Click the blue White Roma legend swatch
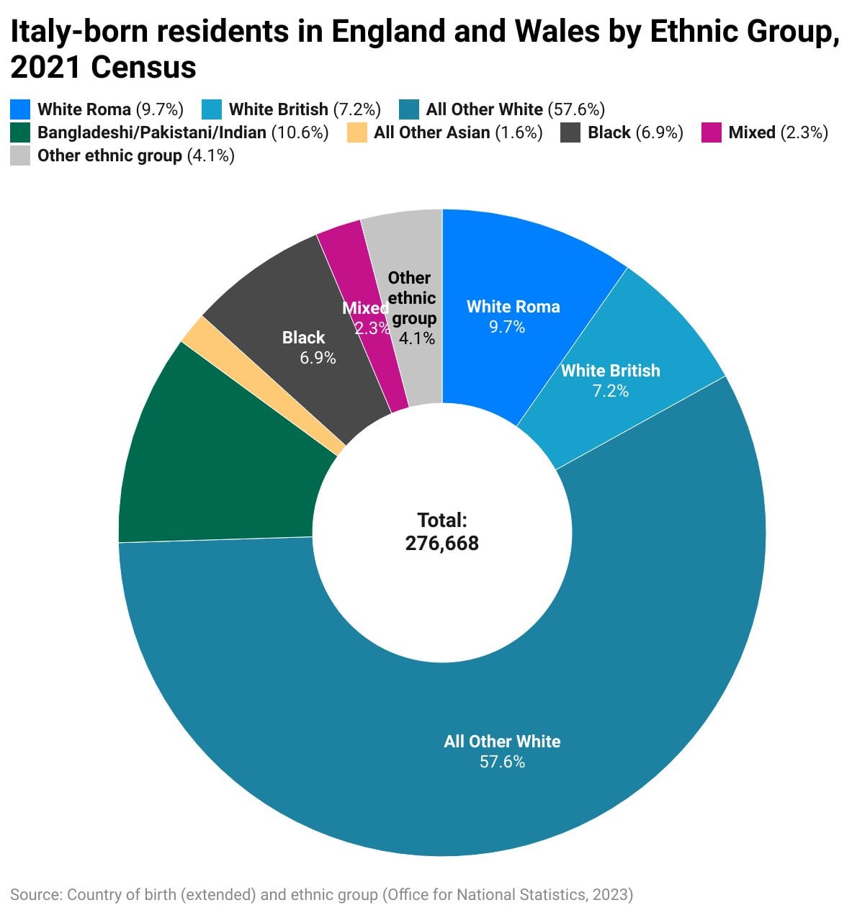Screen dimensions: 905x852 [x=20, y=109]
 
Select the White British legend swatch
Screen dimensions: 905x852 [x=212, y=109]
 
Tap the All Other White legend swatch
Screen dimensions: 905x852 [x=409, y=109]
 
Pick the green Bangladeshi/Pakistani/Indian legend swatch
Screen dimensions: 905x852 [x=20, y=132]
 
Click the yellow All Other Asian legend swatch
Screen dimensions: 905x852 [x=357, y=132]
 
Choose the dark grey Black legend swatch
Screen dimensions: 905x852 [x=570, y=132]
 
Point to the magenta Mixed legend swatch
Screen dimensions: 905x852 [x=711, y=132]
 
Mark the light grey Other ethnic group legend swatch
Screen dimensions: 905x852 [x=20, y=156]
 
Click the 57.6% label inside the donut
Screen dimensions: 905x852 [x=502, y=762]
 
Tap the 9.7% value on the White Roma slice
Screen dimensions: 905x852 [x=507, y=327]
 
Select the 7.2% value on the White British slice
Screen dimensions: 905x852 [x=610, y=391]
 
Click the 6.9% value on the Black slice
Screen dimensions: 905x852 [x=318, y=358]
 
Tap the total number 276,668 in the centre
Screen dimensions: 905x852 [x=441, y=543]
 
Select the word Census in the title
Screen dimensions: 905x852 [x=143, y=68]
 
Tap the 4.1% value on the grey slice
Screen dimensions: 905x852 [x=417, y=338]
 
